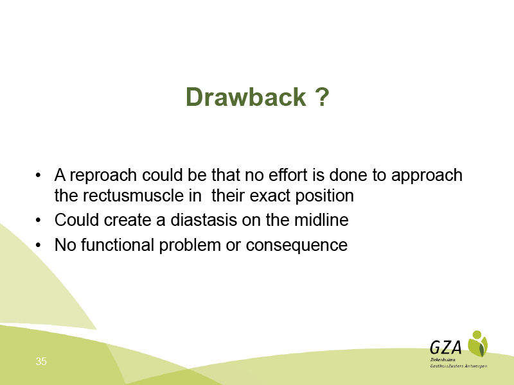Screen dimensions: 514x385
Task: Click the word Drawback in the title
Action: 246,97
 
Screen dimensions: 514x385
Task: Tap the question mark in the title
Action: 323,97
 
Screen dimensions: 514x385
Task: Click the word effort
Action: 288,175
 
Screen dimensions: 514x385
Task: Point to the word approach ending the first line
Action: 427,176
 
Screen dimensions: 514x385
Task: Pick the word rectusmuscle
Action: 142,196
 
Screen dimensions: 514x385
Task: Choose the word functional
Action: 118,245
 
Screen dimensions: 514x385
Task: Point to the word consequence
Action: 297,246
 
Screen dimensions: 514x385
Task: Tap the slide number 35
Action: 41,361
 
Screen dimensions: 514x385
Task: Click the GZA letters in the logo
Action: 446,347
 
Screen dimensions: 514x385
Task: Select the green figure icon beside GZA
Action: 477,343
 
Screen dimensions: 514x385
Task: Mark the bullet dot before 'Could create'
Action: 39,220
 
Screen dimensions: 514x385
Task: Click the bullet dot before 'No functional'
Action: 39,246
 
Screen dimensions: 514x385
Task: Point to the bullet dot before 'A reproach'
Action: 39,175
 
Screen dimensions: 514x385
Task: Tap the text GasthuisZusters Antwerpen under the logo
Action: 459,366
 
